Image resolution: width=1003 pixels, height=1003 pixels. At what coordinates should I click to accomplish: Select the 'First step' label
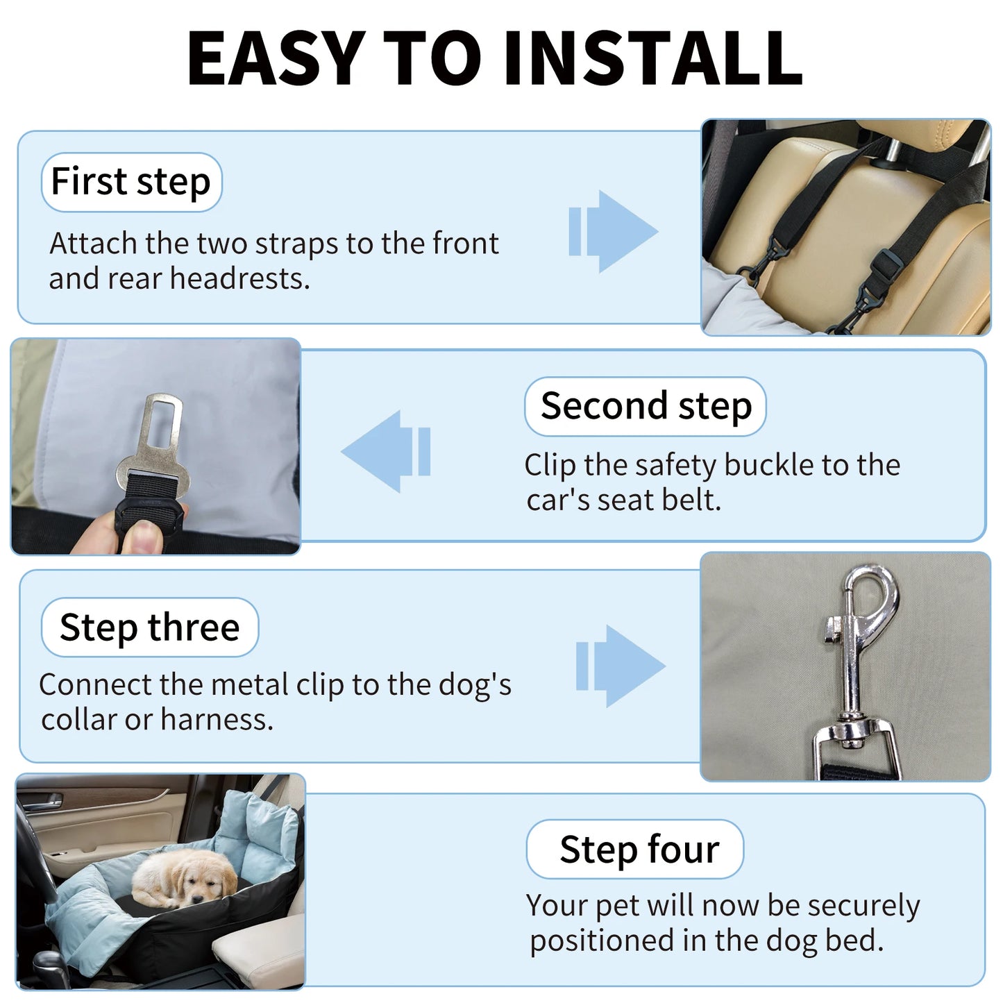[131, 182]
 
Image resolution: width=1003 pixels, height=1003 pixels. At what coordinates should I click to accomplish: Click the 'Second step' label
[646, 406]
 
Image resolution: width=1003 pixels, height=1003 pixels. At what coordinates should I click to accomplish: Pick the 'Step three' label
[149, 627]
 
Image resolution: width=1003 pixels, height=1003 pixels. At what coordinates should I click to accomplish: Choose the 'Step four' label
[639, 850]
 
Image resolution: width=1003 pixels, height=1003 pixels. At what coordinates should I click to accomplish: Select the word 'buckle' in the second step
[768, 465]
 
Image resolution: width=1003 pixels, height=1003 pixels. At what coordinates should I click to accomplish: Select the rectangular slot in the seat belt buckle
[164, 423]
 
